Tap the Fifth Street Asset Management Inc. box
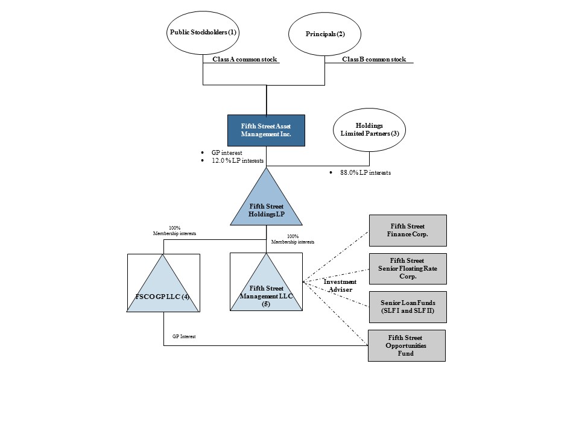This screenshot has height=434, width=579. click(x=266, y=130)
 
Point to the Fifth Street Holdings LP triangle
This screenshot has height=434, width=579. click(x=266, y=207)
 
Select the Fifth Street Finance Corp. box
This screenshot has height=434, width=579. click(x=408, y=230)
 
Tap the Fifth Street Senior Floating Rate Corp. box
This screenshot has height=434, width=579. click(x=408, y=269)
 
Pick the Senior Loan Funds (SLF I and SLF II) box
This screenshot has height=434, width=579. click(x=408, y=307)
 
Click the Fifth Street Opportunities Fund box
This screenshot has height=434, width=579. click(x=407, y=345)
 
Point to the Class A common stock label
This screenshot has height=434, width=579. click(x=244, y=60)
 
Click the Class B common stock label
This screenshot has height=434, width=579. click(x=374, y=60)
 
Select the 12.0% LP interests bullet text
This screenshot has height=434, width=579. click(x=238, y=160)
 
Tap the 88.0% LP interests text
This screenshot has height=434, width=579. click(x=365, y=172)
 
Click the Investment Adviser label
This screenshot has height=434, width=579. click(x=340, y=286)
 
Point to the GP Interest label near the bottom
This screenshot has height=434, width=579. click(x=184, y=336)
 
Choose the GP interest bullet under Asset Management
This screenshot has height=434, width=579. click(x=227, y=153)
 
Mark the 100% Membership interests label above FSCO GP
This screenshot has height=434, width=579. click(x=175, y=231)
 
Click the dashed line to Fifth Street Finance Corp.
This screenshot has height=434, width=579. click(x=336, y=257)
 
